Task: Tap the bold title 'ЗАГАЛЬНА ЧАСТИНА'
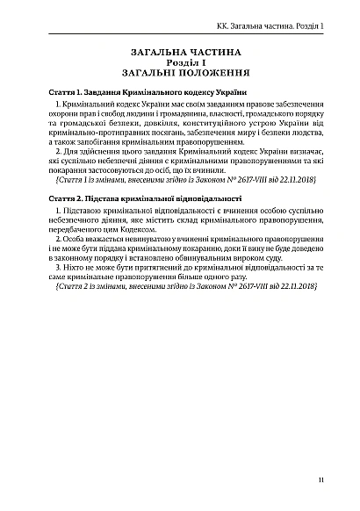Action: point(179,53)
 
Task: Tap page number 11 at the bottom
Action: point(324,481)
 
